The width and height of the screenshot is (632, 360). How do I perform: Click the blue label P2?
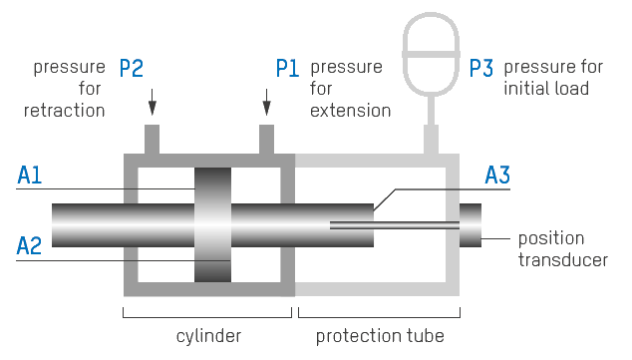(x=132, y=69)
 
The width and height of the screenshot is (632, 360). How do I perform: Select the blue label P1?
(x=288, y=69)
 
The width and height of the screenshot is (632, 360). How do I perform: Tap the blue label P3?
(x=481, y=69)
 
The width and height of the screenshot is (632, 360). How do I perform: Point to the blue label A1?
(x=30, y=176)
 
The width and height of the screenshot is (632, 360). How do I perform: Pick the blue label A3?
(x=497, y=176)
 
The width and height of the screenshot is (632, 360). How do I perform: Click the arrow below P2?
(x=153, y=102)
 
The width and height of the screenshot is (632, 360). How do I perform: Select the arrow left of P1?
(x=266, y=102)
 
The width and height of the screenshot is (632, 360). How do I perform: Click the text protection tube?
(x=380, y=335)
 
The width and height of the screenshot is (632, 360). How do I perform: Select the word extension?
(x=350, y=110)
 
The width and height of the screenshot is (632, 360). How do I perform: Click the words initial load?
(x=546, y=89)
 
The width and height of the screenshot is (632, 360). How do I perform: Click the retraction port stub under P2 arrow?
(x=153, y=140)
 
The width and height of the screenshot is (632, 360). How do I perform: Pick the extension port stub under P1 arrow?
(x=266, y=140)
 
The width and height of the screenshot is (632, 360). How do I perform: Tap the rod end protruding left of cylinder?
(x=85, y=224)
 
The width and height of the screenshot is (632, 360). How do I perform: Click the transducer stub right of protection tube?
(x=471, y=224)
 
